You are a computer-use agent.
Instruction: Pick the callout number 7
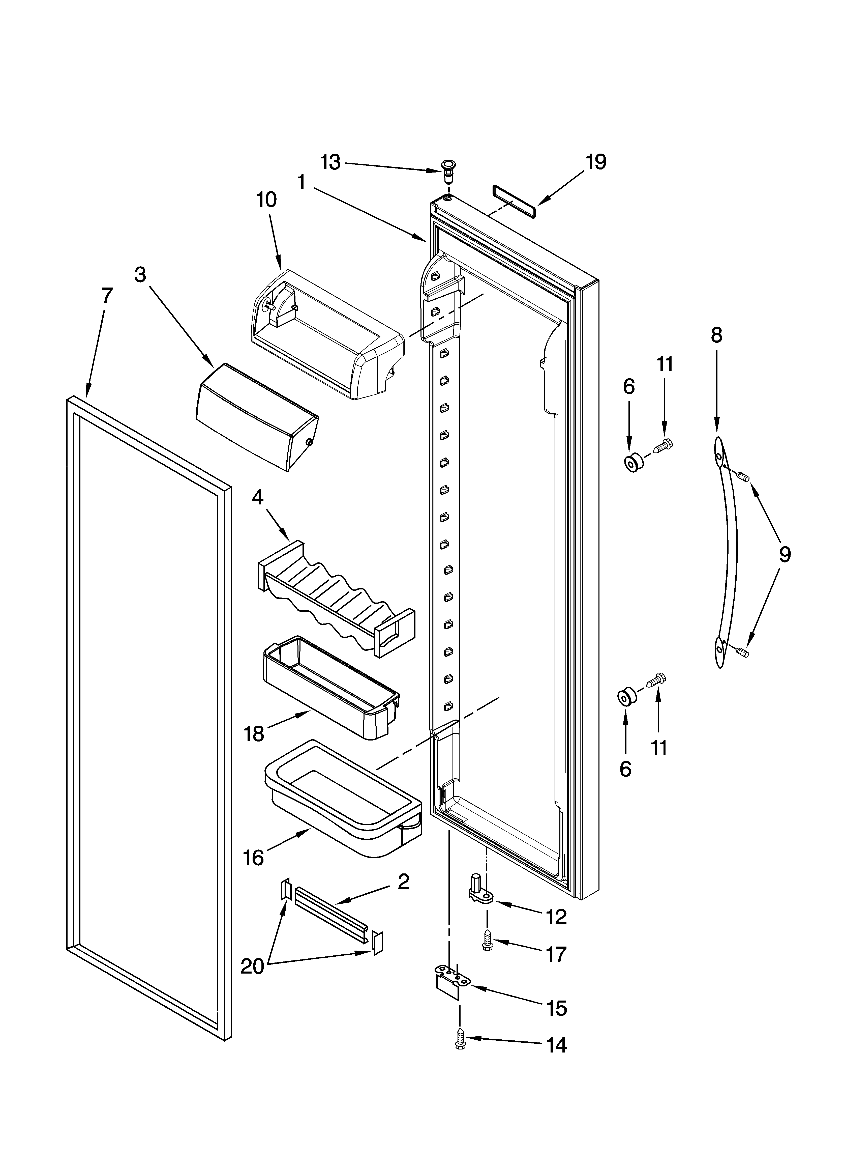[x=106, y=296]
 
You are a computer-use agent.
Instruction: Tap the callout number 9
[x=784, y=554]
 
